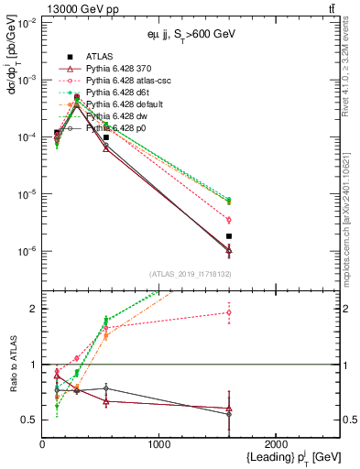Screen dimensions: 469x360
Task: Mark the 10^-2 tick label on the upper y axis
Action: point(27,22)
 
